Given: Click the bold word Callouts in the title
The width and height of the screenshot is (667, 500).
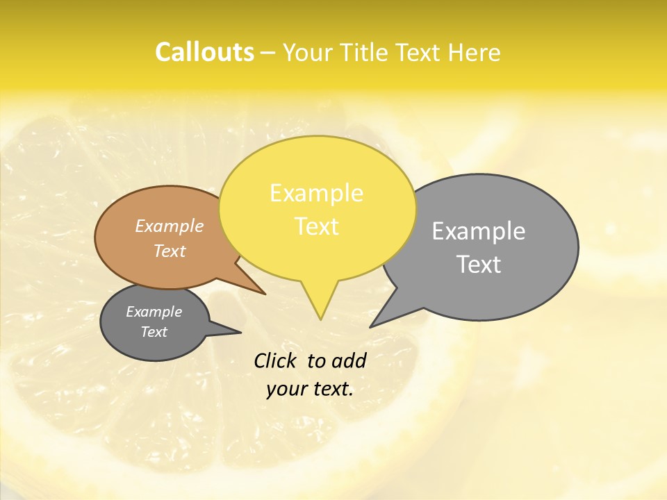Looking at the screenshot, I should tap(204, 52).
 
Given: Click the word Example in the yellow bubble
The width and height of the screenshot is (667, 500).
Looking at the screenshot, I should tap(316, 193).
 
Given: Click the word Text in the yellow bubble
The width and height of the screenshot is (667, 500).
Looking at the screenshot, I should tap(316, 226).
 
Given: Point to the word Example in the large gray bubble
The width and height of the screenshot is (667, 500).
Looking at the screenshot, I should tap(479, 231).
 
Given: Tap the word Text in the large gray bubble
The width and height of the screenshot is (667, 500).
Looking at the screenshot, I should tap(479, 265).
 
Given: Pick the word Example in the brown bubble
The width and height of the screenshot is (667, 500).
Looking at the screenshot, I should tap(170, 226).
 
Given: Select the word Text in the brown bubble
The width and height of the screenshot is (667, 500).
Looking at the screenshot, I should tap(170, 251).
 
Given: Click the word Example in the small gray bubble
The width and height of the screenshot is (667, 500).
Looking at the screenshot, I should tap(154, 312).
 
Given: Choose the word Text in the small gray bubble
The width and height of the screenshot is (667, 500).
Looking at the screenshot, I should tap(154, 332).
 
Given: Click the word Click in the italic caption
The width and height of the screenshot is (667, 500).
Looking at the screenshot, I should tap(276, 360).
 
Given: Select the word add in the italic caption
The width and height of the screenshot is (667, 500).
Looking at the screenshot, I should tap(348, 360).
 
